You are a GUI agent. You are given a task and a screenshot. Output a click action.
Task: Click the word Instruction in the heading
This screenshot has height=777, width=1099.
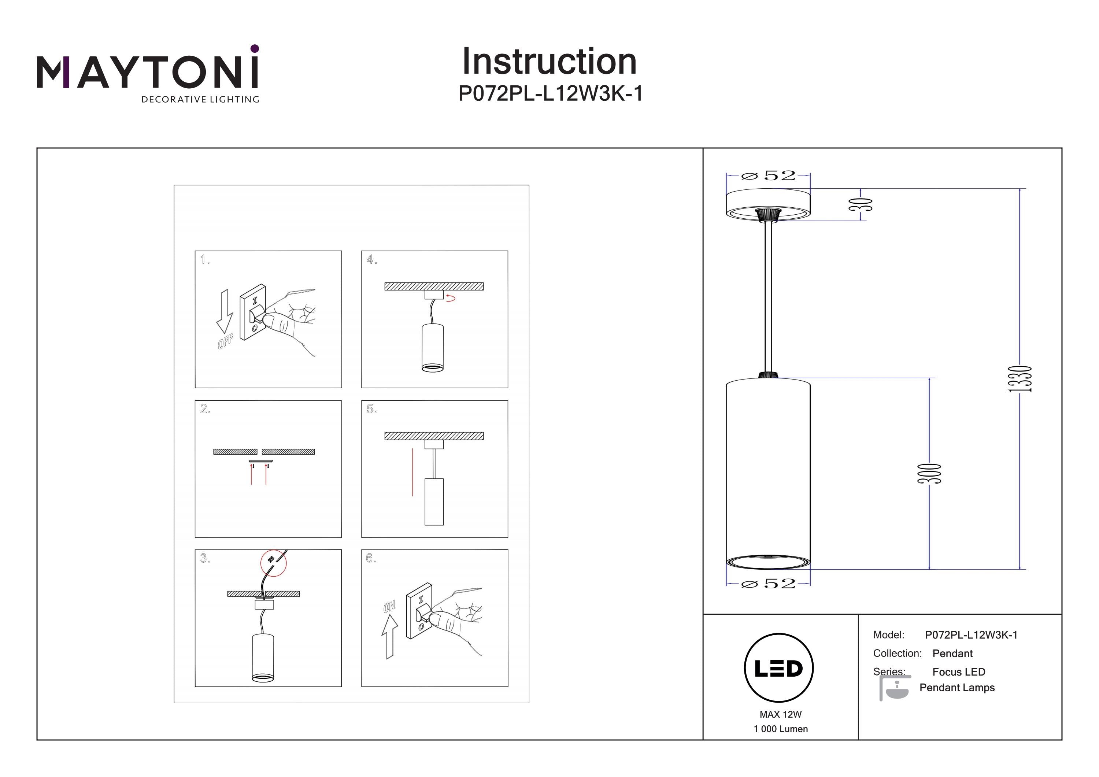(549, 62)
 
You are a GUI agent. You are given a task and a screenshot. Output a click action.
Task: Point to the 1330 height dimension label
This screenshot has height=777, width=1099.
(1020, 379)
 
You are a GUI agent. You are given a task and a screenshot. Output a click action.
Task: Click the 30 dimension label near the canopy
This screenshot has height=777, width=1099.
(860, 204)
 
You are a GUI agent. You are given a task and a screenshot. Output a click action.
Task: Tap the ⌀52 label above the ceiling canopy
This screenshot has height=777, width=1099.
(768, 176)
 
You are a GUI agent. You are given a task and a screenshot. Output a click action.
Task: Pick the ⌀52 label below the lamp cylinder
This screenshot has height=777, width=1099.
(768, 584)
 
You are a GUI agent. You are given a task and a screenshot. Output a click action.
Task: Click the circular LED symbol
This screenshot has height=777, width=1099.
(779, 668)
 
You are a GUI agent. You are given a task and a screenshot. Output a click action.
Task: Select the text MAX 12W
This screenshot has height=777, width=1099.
(780, 714)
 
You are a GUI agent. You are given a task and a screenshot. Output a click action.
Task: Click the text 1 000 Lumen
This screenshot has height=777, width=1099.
(780, 729)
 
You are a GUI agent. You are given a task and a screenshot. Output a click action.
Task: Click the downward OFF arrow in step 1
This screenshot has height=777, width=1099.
(225, 311)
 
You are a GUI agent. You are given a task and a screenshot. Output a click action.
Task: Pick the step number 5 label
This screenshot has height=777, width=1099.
(371, 409)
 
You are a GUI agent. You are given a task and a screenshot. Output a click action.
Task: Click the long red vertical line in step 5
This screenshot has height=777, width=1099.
(412, 472)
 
